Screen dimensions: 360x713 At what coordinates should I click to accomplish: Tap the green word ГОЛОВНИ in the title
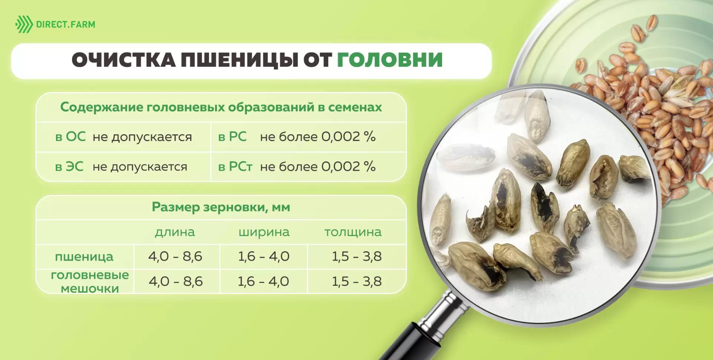(x=390, y=60)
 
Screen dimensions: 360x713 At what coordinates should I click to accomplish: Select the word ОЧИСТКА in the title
(x=123, y=60)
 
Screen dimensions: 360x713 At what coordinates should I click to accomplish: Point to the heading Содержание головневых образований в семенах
(x=221, y=107)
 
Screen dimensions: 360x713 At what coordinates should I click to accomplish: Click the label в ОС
(x=70, y=137)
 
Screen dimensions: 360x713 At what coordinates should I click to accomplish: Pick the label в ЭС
(x=69, y=167)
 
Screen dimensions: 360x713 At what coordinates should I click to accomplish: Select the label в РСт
(x=235, y=167)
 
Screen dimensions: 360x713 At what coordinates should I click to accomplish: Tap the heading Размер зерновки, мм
(x=221, y=207)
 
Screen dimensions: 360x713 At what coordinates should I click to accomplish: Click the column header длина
(x=175, y=232)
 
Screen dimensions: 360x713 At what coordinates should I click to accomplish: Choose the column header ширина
(x=264, y=232)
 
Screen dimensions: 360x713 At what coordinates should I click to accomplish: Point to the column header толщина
(x=353, y=232)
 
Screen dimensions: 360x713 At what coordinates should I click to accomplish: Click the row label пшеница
(x=84, y=256)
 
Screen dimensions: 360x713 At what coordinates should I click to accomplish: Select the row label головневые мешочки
(x=90, y=282)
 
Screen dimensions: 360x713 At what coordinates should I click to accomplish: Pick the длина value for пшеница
(x=175, y=256)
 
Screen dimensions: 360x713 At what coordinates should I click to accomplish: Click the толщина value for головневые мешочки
(x=356, y=281)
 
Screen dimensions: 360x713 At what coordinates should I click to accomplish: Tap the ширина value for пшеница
(x=264, y=256)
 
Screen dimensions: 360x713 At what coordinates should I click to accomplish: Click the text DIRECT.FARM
(x=65, y=25)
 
